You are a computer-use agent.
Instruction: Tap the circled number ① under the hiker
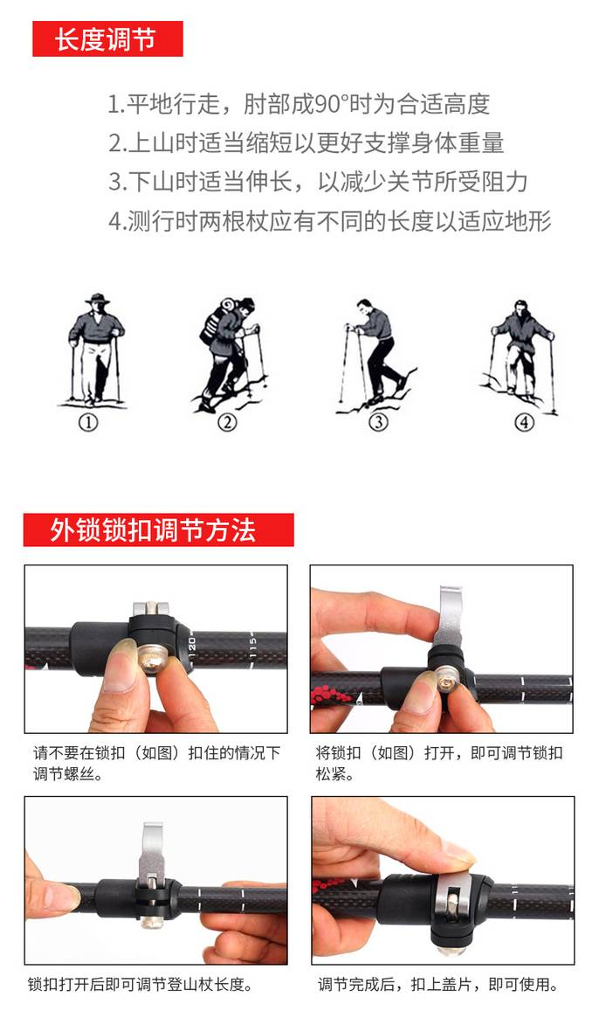(x=88, y=423)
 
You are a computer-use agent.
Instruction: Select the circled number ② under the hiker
(x=227, y=423)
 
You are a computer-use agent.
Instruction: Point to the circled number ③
(x=378, y=423)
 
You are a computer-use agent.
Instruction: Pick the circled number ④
(x=524, y=423)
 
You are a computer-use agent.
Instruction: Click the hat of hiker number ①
(x=97, y=299)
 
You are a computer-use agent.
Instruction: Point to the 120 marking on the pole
(x=192, y=647)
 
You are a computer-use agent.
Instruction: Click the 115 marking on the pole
(x=253, y=647)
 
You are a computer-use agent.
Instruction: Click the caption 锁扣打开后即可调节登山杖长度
(x=140, y=984)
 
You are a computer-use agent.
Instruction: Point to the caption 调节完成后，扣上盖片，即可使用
(x=439, y=984)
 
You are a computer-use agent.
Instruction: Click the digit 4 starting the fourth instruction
(x=114, y=221)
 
